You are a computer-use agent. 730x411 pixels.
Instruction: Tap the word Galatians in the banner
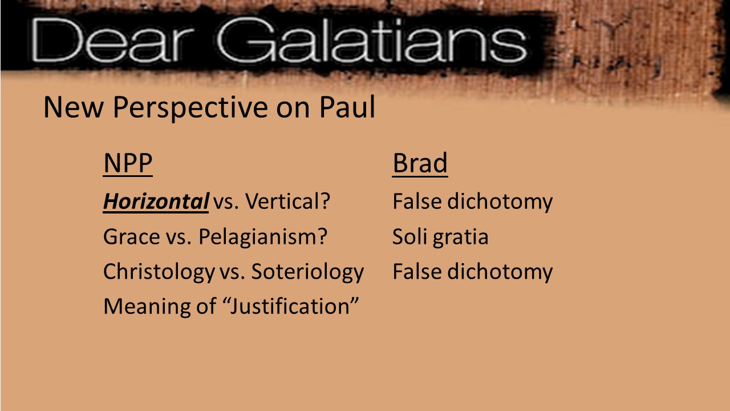[371, 40]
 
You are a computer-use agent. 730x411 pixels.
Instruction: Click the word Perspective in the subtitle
[190, 108]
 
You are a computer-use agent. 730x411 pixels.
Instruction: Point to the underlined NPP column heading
[128, 163]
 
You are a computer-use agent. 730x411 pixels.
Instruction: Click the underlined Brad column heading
[420, 163]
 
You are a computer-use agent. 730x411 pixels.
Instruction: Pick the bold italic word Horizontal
[156, 202]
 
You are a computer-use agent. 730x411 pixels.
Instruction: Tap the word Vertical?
[287, 202]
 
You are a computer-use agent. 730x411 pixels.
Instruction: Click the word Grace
[132, 236]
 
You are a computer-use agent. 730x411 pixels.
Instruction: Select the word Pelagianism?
[263, 237]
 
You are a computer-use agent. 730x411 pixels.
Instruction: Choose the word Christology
[159, 272]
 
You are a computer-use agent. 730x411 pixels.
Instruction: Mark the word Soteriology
[307, 272]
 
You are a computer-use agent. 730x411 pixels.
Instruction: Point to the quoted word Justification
[290, 307]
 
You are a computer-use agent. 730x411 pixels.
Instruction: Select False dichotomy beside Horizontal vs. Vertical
[473, 202]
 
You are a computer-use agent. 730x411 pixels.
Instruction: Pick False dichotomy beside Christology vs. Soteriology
[473, 272]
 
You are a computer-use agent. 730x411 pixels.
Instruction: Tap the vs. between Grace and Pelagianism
[179, 237]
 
